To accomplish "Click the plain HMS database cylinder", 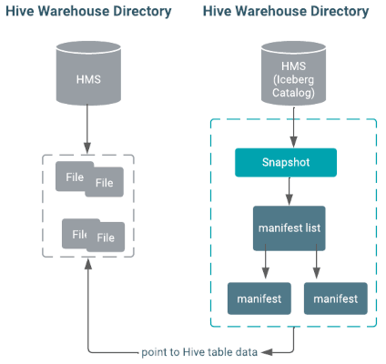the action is [x=88, y=73].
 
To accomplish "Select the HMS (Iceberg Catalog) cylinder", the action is [x=293, y=73].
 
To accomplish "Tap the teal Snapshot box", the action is [x=286, y=162].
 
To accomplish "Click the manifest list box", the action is [x=289, y=228].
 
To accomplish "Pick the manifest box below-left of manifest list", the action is [x=259, y=298].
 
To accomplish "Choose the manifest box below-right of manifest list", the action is [x=336, y=298].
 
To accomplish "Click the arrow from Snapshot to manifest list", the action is [x=289, y=191].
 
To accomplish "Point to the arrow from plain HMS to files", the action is [x=87, y=129].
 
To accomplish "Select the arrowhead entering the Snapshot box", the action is [x=293, y=142].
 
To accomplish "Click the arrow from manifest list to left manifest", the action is [x=266, y=261].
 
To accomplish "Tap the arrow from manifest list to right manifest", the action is [x=317, y=261].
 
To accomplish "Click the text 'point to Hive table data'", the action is [x=199, y=352].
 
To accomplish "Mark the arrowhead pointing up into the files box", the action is [x=88, y=265].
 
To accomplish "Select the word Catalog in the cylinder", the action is [x=293, y=93].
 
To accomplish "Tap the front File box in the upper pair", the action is [x=105, y=182].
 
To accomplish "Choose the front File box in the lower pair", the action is [x=106, y=237].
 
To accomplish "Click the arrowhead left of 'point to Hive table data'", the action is [x=267, y=352].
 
